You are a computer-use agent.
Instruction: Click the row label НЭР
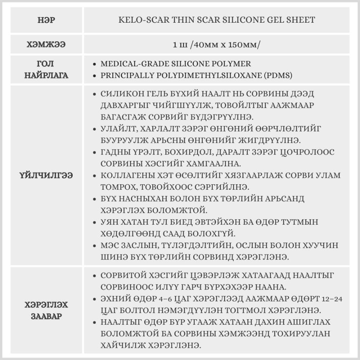click(x=46, y=20)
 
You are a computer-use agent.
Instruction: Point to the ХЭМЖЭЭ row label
click(x=46, y=45)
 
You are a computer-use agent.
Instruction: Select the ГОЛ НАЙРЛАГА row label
click(x=46, y=70)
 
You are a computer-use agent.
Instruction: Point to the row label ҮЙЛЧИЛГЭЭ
click(x=46, y=176)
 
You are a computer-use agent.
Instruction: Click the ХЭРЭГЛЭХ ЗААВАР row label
click(x=46, y=311)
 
